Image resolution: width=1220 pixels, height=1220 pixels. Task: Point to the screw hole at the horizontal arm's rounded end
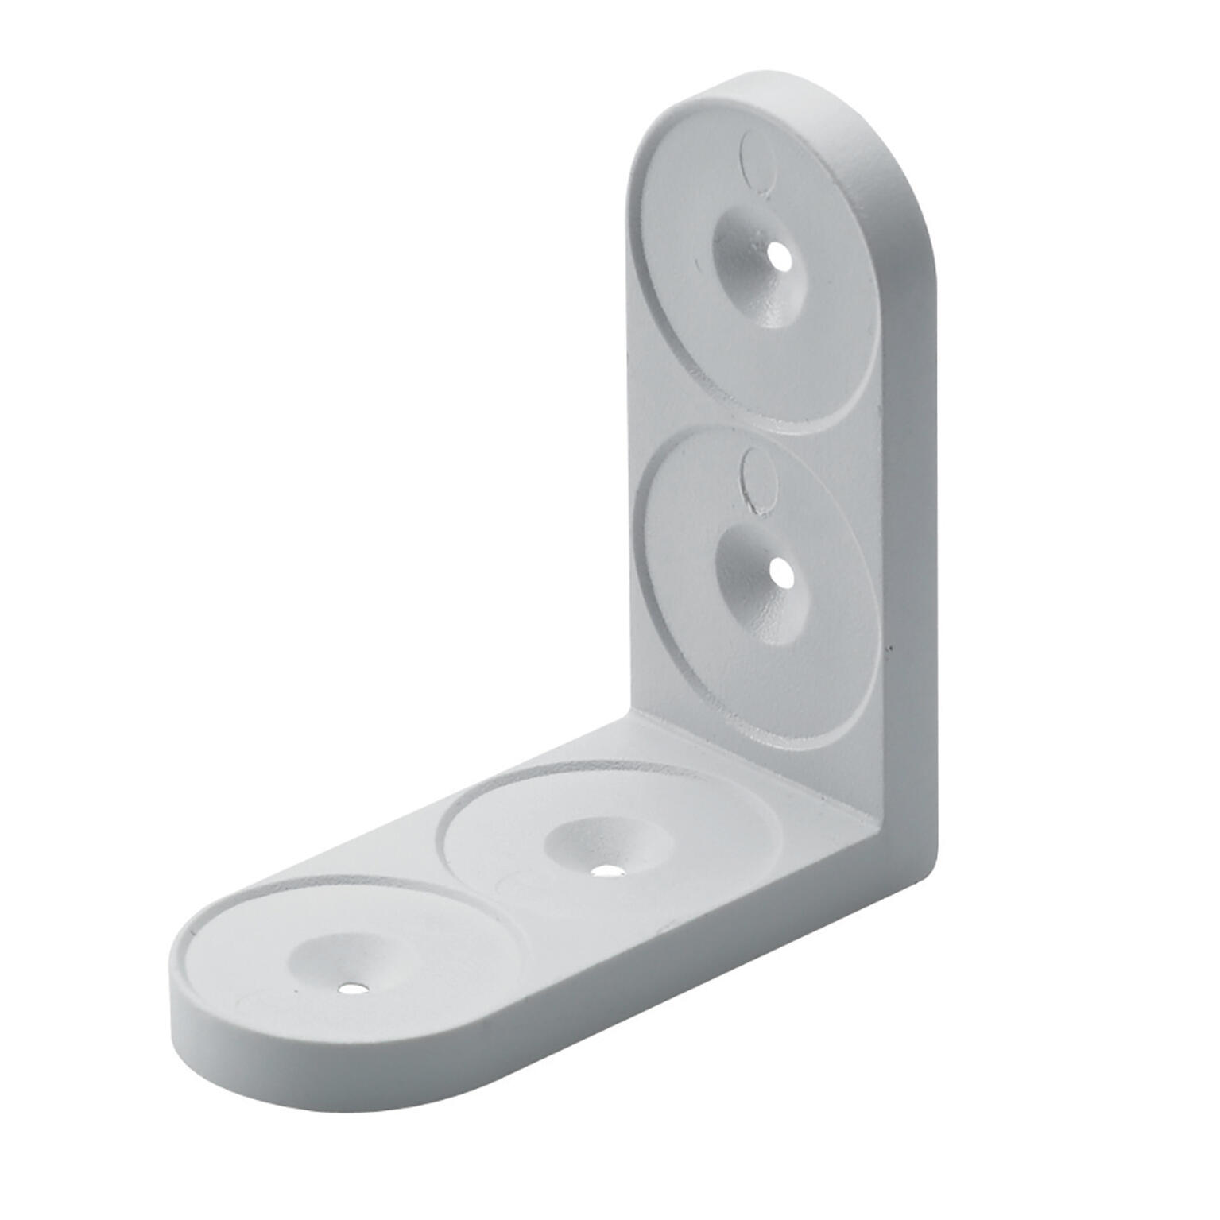pos(350,990)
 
